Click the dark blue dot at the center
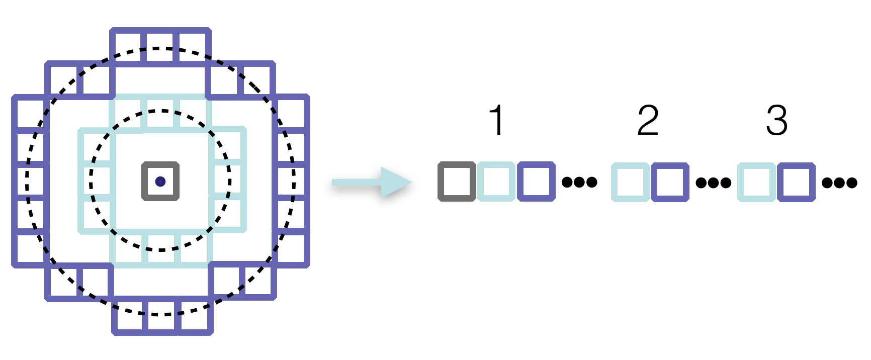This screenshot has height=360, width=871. (160, 182)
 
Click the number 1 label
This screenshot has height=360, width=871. (497, 121)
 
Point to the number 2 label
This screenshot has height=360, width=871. (648, 121)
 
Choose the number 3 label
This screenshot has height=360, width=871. (776, 121)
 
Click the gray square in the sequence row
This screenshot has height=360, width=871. (457, 182)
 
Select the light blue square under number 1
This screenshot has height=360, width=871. (496, 182)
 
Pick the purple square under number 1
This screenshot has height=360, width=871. (536, 182)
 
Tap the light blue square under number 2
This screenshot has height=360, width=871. (630, 182)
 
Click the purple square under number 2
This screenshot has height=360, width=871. (670, 182)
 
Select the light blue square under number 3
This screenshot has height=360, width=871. (756, 182)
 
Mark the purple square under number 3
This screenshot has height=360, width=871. (796, 182)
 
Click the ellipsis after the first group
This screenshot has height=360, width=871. (579, 182)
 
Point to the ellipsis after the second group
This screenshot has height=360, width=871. (714, 183)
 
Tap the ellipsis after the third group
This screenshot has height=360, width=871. (839, 183)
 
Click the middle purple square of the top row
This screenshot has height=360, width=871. (160, 46)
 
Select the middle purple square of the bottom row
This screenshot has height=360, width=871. (161, 317)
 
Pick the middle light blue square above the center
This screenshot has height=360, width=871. (161, 113)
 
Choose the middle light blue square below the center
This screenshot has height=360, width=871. (161, 249)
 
